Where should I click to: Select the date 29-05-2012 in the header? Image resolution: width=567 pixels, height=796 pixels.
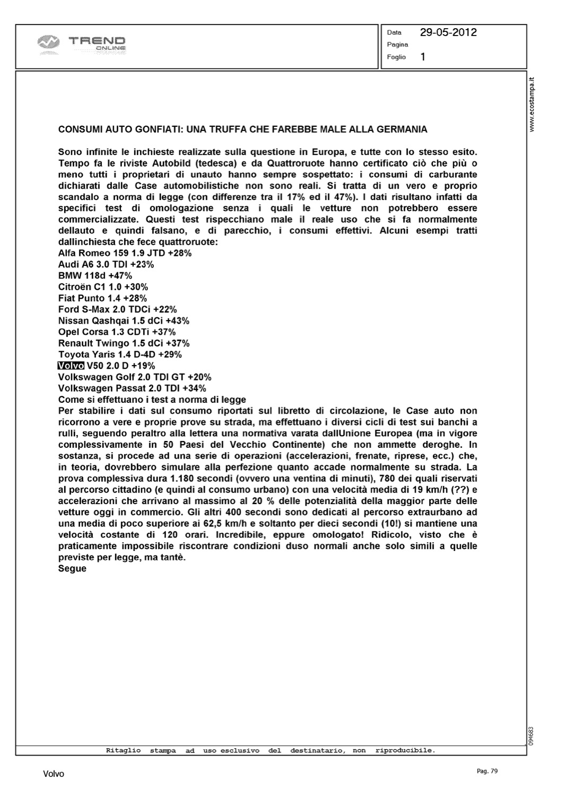coord(448,32)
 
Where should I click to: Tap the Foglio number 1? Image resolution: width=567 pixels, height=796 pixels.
coord(423,57)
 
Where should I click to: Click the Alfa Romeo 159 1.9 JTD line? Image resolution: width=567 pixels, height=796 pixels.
coord(125,253)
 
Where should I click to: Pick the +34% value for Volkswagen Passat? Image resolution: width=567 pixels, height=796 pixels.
coord(194,388)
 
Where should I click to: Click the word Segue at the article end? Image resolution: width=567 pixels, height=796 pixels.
coord(72,568)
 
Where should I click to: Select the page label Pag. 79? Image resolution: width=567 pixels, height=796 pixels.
coord(487,771)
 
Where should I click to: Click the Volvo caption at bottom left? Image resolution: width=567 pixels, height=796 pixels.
coord(54,774)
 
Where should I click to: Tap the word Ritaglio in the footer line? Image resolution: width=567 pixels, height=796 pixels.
coord(123,750)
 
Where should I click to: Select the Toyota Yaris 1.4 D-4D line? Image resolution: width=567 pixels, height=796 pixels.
coord(120,354)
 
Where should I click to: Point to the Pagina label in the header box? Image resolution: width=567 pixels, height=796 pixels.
coord(397,45)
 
